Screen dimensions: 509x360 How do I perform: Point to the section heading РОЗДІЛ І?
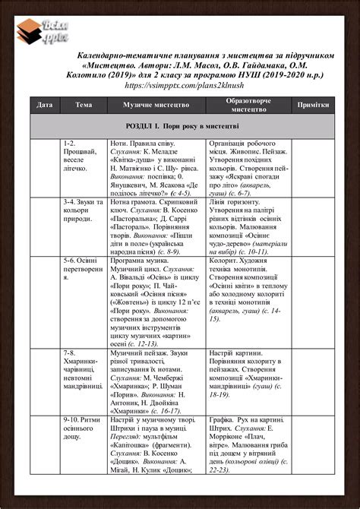coord(182,125)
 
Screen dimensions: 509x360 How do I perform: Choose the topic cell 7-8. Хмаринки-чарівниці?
coord(83,369)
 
